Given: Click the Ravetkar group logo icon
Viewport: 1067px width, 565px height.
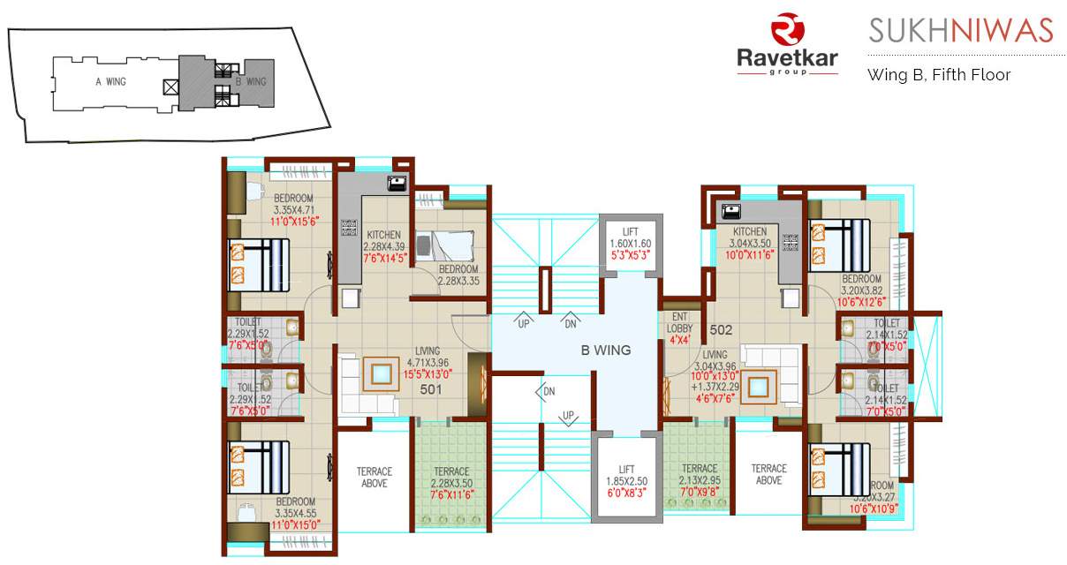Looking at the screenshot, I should click(786, 30).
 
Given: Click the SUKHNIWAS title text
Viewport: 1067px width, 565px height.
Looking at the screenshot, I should click(960, 30).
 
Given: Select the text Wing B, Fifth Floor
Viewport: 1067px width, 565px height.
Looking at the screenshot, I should click(938, 75).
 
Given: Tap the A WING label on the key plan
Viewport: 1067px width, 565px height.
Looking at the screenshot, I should click(110, 81).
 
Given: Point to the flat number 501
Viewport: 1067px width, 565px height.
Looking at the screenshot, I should click(431, 388).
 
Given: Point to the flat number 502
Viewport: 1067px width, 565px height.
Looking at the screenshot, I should click(722, 330).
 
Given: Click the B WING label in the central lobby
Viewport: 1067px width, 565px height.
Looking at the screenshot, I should click(605, 350).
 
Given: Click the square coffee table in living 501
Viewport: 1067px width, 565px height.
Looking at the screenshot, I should click(382, 374).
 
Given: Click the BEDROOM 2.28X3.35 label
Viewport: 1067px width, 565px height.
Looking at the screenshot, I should click(458, 275).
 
